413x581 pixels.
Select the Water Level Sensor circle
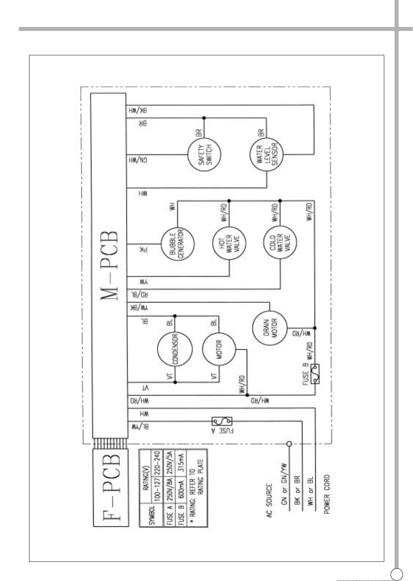266,157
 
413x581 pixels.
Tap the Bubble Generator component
177,244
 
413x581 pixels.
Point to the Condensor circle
175,349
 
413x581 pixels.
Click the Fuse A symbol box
222,421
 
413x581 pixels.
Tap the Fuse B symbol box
315,374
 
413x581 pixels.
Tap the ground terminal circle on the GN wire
289,443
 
